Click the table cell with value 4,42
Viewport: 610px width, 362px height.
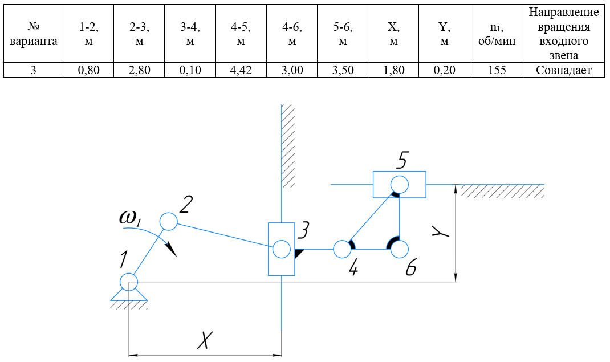pos(241,70)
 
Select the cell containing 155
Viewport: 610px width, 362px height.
pos(496,70)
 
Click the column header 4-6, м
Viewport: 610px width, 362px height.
pos(292,34)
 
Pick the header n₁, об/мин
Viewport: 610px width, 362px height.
pos(496,34)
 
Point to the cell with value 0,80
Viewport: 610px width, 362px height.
pos(88,70)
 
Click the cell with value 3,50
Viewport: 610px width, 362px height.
pos(343,70)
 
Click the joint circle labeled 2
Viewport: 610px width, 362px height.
pos(168,221)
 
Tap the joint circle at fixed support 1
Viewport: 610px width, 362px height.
pos(129,282)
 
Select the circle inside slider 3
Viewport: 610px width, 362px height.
pos(281,249)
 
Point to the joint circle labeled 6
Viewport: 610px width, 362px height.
pos(399,249)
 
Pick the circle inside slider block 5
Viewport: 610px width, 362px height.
pos(399,184)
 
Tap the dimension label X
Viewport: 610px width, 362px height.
pos(205,340)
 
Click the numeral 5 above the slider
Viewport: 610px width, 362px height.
pos(401,160)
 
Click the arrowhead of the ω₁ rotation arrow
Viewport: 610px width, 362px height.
pos(172,250)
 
